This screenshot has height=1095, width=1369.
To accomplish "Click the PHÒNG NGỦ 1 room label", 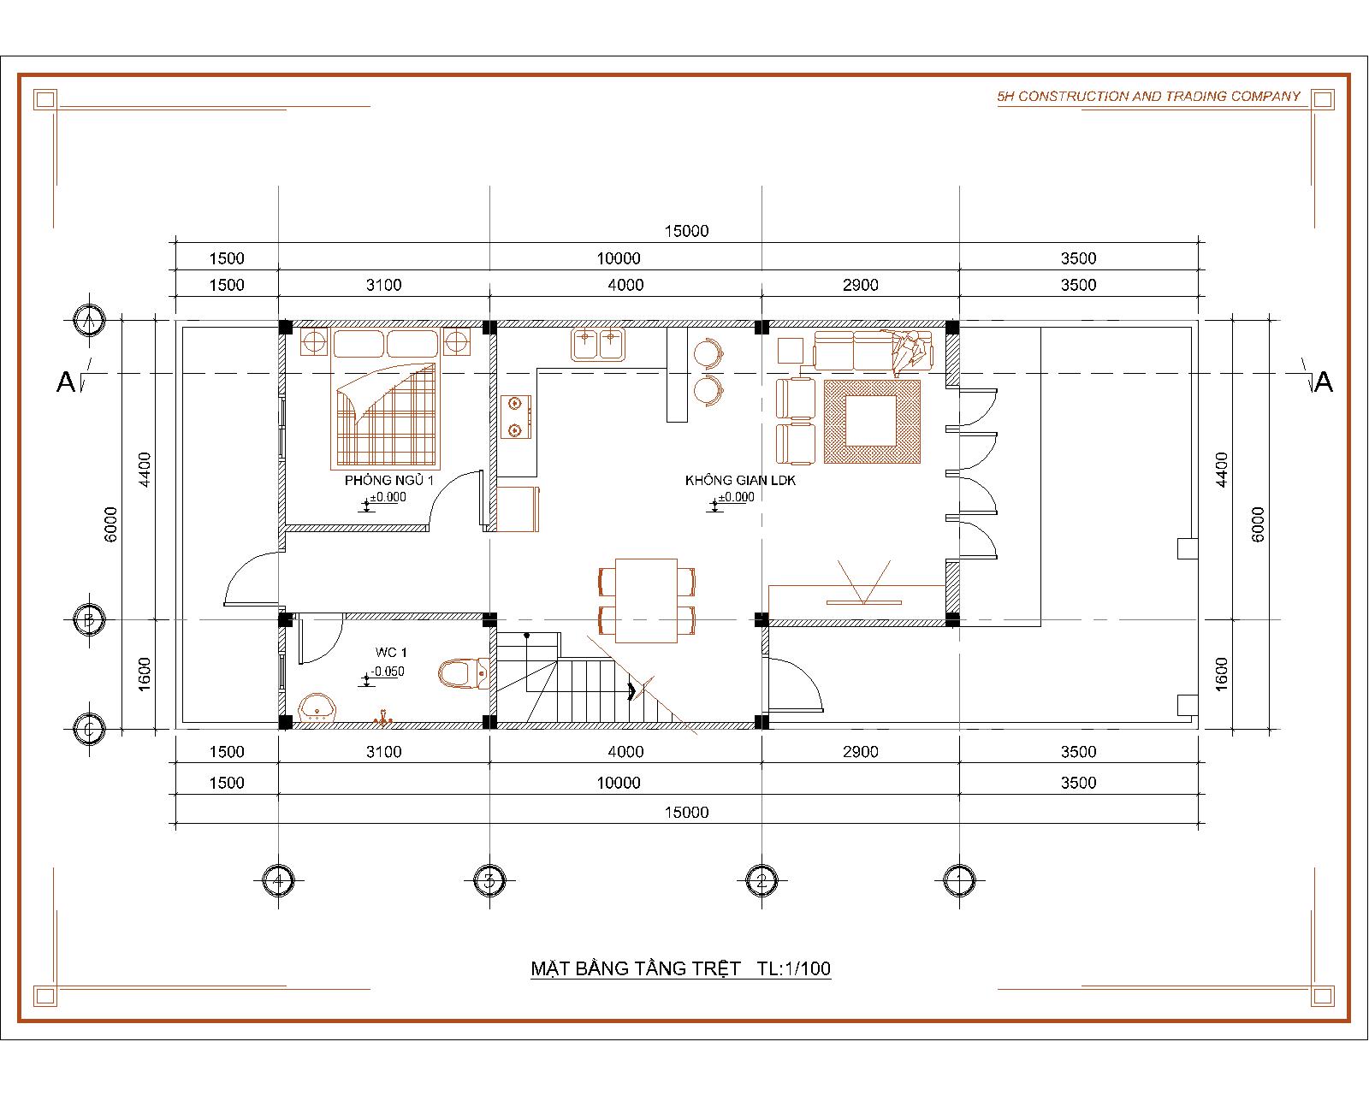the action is tap(388, 481).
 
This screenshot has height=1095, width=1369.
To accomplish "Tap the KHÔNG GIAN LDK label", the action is tap(740, 481).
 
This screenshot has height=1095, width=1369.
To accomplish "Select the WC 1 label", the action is tap(391, 652).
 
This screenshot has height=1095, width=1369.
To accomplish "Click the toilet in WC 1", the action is tap(463, 673).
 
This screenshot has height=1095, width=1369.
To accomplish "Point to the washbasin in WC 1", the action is tap(317, 707).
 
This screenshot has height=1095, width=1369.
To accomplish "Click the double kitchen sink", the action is tap(598, 344).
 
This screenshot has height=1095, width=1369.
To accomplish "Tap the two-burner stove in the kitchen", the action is tap(515, 417).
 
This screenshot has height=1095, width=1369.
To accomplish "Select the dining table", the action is tap(646, 601).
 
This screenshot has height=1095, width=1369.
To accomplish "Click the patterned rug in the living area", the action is tap(872, 421).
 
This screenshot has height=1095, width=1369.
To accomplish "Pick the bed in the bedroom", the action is tap(386, 399).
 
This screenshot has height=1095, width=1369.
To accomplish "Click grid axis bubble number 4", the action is tap(278, 880).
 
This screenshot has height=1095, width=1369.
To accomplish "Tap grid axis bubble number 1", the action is tap(959, 880).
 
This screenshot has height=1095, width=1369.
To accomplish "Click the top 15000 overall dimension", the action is tap(686, 231).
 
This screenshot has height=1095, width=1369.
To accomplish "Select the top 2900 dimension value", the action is tap(861, 285).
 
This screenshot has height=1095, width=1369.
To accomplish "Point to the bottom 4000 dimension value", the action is tap(626, 752).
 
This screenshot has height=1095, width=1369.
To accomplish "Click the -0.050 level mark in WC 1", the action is tap(386, 672).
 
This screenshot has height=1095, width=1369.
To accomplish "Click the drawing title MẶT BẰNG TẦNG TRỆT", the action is tap(636, 969).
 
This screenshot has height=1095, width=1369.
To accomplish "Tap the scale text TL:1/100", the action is tap(794, 969).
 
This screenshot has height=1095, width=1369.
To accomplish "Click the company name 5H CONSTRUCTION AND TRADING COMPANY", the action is tap(1148, 97).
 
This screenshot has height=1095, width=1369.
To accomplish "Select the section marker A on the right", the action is tap(1323, 382).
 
